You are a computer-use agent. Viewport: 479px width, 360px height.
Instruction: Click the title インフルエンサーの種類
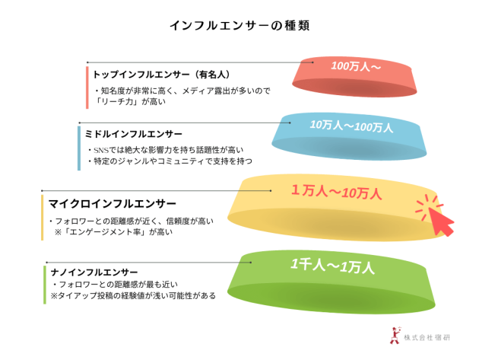[x=239, y=25]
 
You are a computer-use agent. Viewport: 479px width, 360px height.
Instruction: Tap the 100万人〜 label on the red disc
[x=356, y=66]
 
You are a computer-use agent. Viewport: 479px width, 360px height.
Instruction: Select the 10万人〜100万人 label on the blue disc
[x=351, y=126]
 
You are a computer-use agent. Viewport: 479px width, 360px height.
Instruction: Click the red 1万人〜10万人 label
[x=336, y=192]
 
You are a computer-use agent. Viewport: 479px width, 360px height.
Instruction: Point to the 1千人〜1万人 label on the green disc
[x=332, y=266]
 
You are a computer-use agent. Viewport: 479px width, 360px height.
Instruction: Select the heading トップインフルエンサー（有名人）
[x=162, y=75]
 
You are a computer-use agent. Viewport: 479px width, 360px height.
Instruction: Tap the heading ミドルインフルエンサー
[x=134, y=134]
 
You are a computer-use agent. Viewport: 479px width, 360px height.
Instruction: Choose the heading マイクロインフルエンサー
[x=113, y=203]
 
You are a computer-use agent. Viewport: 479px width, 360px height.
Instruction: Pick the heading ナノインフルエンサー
[x=94, y=272]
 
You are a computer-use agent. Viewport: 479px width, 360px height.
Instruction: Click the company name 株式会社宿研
[x=427, y=337]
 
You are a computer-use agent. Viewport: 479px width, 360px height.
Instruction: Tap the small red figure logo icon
[x=395, y=336]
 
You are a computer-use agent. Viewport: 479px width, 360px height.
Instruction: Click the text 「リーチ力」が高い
[x=130, y=101]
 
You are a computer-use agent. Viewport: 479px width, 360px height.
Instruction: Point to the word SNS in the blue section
[x=101, y=150]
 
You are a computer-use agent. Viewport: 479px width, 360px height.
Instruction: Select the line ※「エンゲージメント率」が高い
[x=113, y=232]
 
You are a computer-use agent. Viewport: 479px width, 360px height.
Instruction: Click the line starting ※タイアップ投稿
[x=133, y=296]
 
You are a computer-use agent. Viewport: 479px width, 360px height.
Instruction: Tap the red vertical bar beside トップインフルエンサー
[x=87, y=88]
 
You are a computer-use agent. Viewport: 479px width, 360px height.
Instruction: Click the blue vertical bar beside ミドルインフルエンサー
[x=79, y=148]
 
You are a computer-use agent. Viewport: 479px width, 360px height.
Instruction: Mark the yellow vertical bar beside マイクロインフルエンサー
[x=42, y=218]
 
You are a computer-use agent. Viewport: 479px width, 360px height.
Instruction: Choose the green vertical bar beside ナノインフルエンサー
[x=45, y=285]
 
